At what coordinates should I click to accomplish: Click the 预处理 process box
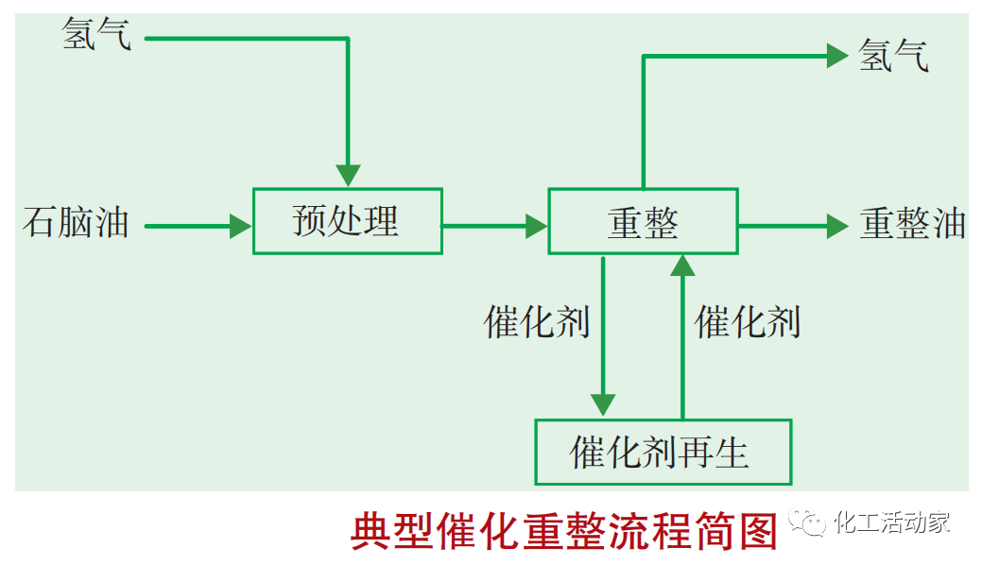pos(347,221)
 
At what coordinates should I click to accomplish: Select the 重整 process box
pos(643,221)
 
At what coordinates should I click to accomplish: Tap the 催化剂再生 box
pos(663,452)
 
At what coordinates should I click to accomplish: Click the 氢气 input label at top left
pos(95,37)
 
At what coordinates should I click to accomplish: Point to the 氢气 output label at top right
pos(893,56)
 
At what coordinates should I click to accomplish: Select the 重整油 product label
pos(912,224)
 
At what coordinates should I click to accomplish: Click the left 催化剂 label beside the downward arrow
pos(536,322)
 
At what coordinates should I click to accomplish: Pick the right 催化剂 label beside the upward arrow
pos(748,322)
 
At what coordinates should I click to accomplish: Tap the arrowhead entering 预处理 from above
pos(348,176)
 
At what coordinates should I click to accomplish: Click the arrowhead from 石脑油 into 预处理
pos(241,226)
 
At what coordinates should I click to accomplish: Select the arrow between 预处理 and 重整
pos(494,226)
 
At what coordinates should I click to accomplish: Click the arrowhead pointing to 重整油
pos(837,226)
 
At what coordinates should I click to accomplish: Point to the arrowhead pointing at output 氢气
pos(837,56)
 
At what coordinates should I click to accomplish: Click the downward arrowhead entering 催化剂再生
pos(603,405)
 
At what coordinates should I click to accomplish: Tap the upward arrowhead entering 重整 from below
pos(682,265)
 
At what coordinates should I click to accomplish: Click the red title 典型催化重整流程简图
pos(563,532)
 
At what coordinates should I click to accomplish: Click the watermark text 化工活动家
pos(893,522)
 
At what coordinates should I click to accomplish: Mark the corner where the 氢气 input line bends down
pos(348,39)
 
